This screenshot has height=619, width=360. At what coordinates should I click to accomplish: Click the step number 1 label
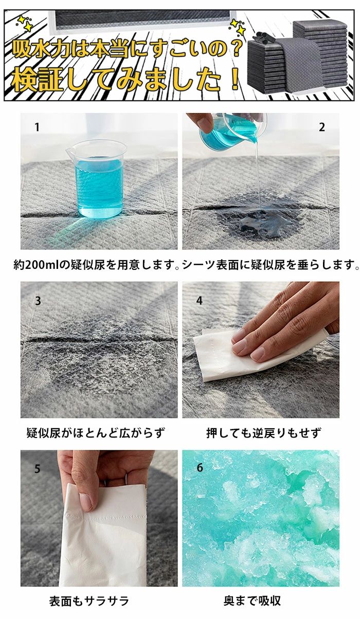[x=37, y=128]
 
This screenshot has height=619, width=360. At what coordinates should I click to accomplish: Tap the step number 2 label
[x=321, y=128]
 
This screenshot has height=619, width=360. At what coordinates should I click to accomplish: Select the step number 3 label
[x=38, y=301]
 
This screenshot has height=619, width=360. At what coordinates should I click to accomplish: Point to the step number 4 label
[x=199, y=300]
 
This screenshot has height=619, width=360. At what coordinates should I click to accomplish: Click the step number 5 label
[x=38, y=469]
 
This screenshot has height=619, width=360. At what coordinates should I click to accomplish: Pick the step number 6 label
[x=200, y=467]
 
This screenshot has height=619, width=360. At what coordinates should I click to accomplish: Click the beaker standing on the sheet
[x=96, y=179]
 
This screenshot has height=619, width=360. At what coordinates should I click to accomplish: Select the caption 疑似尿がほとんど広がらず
[x=96, y=433]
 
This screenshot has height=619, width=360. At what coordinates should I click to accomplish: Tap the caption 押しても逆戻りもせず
[x=264, y=433]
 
